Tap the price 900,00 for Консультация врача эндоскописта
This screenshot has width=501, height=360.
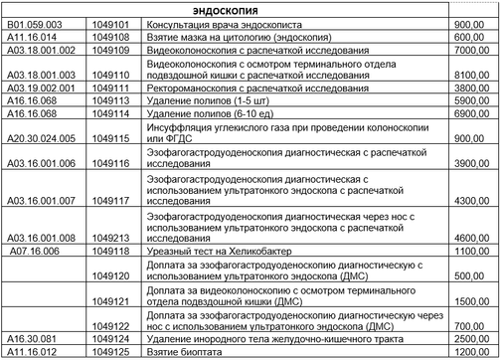pos(468,22)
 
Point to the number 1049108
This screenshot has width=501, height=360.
pos(107,35)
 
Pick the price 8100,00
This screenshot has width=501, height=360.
pos(466,74)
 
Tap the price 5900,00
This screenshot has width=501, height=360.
pos(466,100)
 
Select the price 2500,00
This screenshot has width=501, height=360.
pos(466,339)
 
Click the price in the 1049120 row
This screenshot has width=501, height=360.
pos(466,275)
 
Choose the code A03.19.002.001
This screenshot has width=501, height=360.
pos(39,88)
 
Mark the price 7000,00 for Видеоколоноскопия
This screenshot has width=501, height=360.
pos(466,48)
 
